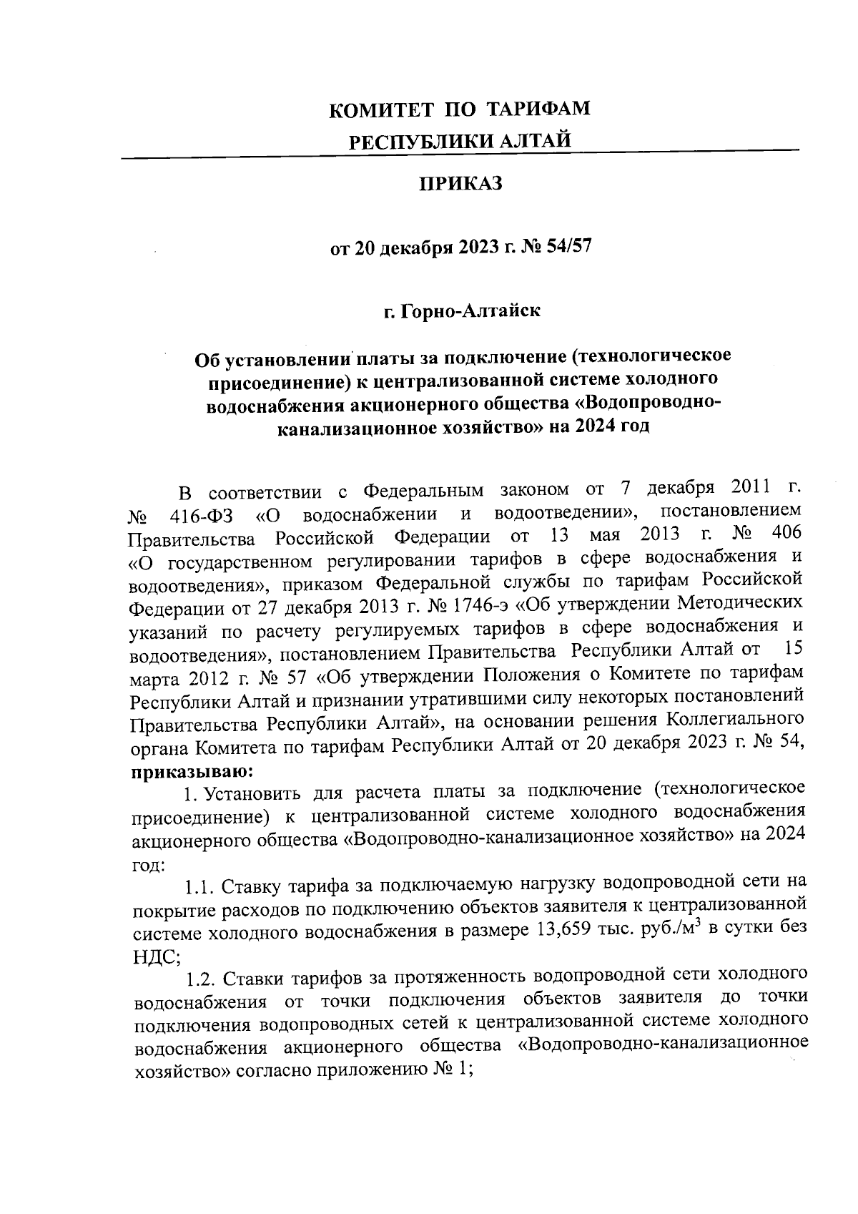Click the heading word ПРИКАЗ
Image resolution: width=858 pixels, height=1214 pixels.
(460, 185)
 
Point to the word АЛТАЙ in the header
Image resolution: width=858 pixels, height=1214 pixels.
(536, 142)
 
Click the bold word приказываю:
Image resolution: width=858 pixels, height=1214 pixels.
(189, 770)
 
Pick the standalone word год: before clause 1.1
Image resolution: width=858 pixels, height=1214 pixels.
(149, 864)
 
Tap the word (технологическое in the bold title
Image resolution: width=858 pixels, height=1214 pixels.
(651, 355)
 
